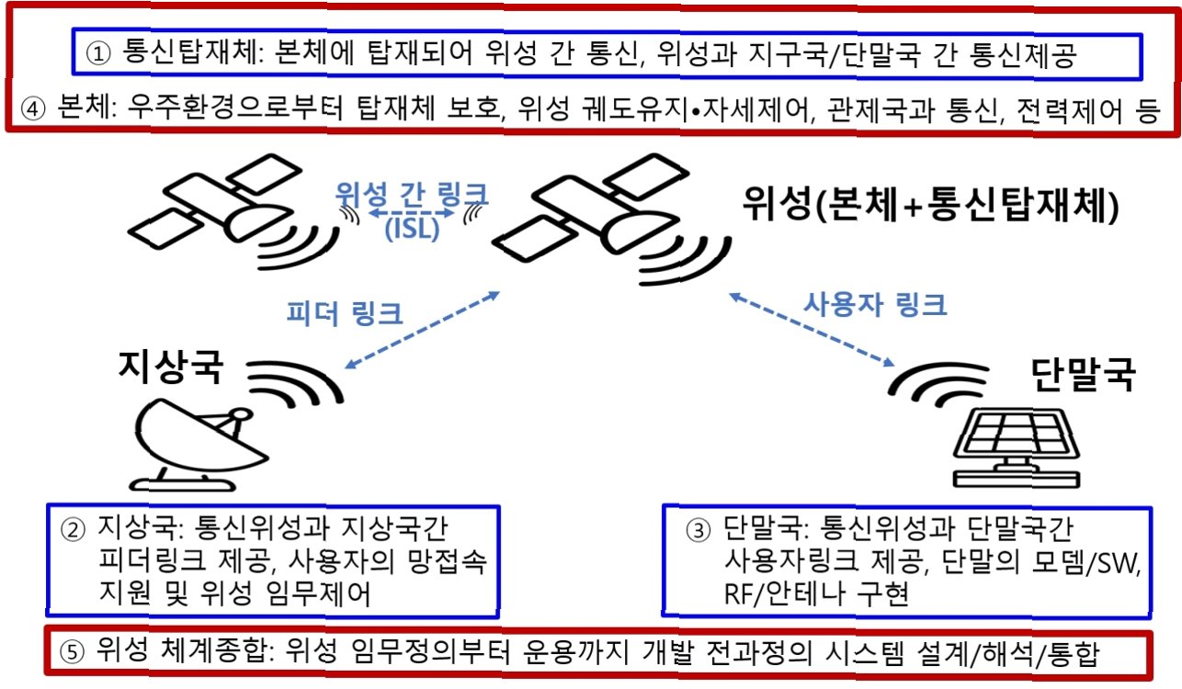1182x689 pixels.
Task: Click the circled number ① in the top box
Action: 99,54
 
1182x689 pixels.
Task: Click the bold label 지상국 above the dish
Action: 170,367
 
